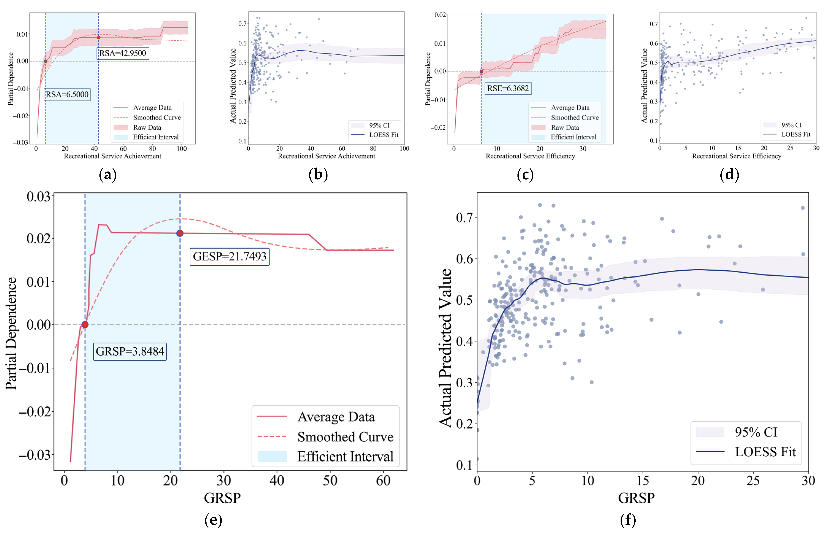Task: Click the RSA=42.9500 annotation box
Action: [123, 53]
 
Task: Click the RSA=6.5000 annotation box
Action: [67, 94]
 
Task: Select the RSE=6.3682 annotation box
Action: [507, 88]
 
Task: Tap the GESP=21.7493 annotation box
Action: [230, 256]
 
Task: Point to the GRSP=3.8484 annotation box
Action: [130, 351]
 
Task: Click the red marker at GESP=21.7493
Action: [180, 233]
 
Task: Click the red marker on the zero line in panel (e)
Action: [85, 325]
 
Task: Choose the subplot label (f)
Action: [628, 520]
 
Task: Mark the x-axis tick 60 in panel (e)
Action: [383, 481]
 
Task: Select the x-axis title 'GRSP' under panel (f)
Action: [636, 498]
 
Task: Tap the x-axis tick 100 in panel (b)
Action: [404, 148]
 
